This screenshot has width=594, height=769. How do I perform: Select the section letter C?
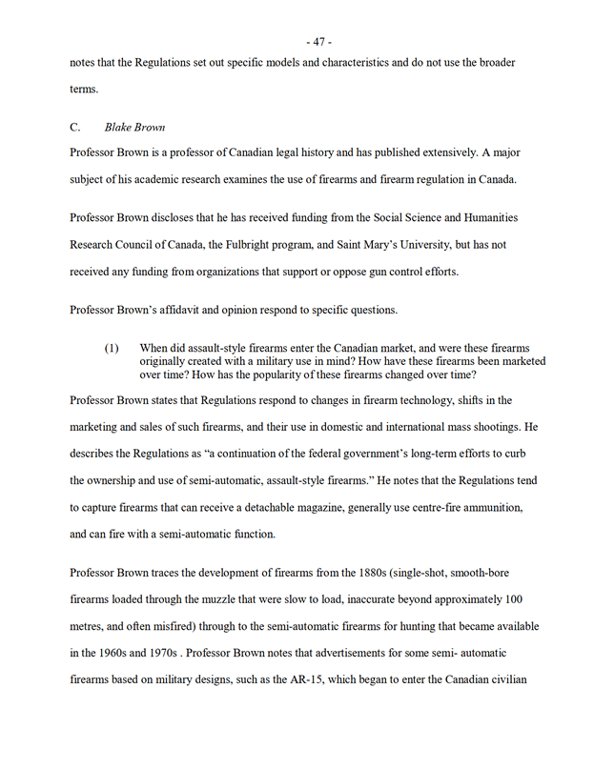(75, 127)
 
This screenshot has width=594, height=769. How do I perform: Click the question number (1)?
(112, 349)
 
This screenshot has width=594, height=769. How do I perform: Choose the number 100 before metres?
(513, 599)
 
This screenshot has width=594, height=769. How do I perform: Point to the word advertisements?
(340, 653)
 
